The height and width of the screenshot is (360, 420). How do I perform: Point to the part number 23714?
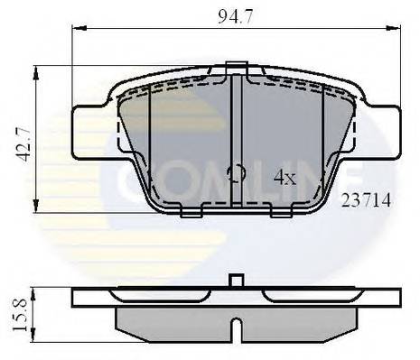[x=364, y=202]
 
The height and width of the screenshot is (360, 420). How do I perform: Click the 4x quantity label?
[x=285, y=178]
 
